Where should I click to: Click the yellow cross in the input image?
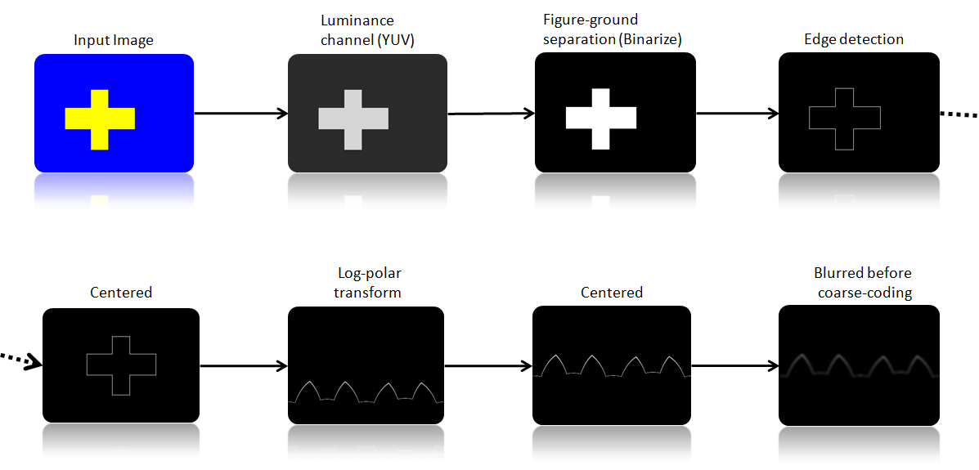point(99,119)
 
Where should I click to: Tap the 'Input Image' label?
point(113,40)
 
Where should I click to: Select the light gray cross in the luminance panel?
point(353,119)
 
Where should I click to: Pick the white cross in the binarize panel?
point(600,119)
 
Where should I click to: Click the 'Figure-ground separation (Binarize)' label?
point(612,29)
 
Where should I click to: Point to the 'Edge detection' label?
point(853,39)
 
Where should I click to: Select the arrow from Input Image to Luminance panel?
point(240,113)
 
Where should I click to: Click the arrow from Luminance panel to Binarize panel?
point(489,114)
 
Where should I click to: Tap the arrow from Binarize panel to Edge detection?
point(736,113)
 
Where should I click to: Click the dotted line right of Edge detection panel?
point(958,114)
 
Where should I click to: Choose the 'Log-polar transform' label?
point(369,283)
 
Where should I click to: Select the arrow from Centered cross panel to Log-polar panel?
point(244,365)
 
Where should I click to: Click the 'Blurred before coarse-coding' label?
point(862,283)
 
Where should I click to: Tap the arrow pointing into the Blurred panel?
point(734,365)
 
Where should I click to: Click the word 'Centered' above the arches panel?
point(612,293)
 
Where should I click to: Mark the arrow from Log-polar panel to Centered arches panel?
point(487,365)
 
